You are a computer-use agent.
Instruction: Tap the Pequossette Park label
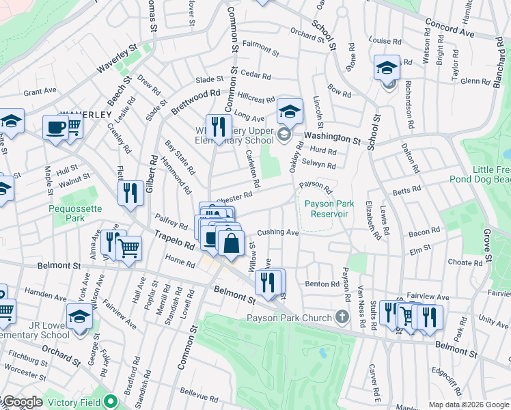click(x=66, y=213)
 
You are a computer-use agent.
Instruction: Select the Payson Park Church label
click(x=289, y=317)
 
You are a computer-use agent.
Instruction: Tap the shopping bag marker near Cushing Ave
click(x=232, y=243)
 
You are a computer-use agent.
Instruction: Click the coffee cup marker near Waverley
click(x=55, y=126)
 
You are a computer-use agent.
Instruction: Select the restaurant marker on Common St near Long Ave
click(x=219, y=126)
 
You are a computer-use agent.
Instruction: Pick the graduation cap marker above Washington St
click(x=290, y=111)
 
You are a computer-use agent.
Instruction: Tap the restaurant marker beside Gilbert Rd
click(x=130, y=193)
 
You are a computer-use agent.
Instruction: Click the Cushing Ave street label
click(x=278, y=232)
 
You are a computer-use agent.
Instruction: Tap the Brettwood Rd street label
click(x=195, y=102)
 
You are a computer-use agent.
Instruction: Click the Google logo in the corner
click(x=22, y=402)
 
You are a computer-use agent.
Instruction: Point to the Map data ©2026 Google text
click(x=468, y=405)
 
